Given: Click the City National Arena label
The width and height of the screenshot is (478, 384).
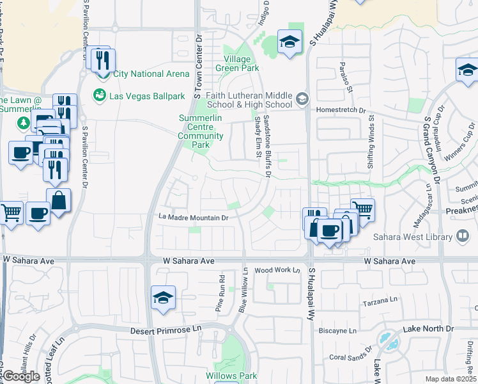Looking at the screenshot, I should (151, 74).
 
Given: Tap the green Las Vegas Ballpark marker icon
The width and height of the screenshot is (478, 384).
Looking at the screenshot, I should (100, 96).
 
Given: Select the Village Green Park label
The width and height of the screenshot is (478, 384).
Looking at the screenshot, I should (237, 63).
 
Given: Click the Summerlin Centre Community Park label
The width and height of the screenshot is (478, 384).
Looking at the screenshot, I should (201, 131).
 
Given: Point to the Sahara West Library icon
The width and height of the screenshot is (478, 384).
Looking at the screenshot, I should (463, 236).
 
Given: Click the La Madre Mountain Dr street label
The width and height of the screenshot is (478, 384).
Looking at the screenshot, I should (194, 218).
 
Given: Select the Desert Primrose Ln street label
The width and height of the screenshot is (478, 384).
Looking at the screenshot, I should (166, 330).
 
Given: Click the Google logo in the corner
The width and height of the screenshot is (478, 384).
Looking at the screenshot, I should (21, 376).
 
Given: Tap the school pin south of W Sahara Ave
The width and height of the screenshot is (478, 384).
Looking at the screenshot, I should (164, 297).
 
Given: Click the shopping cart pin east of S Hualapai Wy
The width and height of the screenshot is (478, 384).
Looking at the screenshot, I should (362, 209).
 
